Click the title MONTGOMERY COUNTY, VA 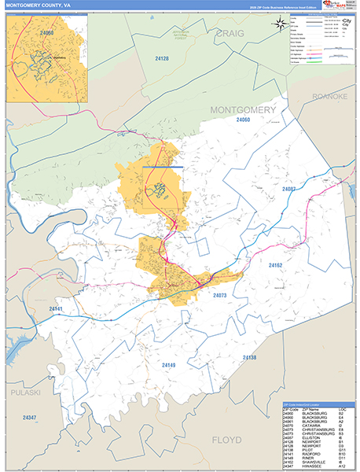39,6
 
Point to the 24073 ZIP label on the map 220,295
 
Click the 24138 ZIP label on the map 248,357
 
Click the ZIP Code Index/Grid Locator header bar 318,404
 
